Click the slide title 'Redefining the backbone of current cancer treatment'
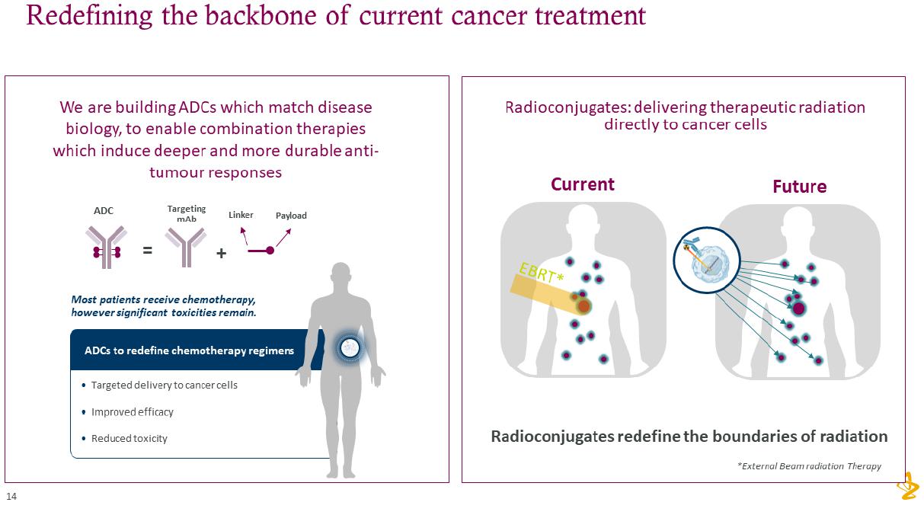(x=336, y=15)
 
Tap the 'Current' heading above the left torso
(x=582, y=184)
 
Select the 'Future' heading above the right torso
(x=799, y=187)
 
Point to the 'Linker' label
(x=241, y=215)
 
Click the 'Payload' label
(x=291, y=216)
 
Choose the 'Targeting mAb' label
(x=187, y=213)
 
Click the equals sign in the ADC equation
(x=148, y=250)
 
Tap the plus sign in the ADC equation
(x=221, y=254)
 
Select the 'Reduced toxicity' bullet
(x=129, y=438)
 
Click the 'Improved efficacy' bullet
(x=132, y=411)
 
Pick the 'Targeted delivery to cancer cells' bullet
(x=164, y=385)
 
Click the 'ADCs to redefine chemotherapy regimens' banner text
(x=189, y=350)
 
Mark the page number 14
(x=11, y=497)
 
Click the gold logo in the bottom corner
(x=908, y=485)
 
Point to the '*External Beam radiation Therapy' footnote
(x=809, y=466)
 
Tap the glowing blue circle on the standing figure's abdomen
(x=350, y=348)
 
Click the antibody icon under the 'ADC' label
(x=106, y=247)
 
